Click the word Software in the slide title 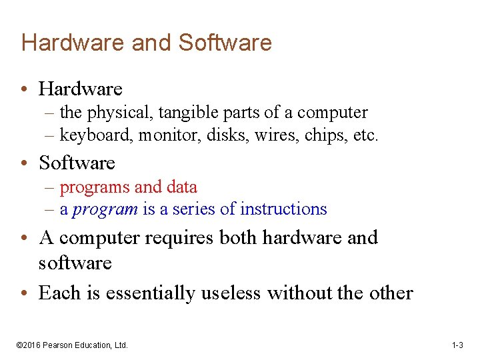coord(225,43)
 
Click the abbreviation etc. coord(366,135)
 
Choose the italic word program coord(105,209)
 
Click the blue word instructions coord(283,209)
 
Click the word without coord(298,293)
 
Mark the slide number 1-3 coord(457,345)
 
